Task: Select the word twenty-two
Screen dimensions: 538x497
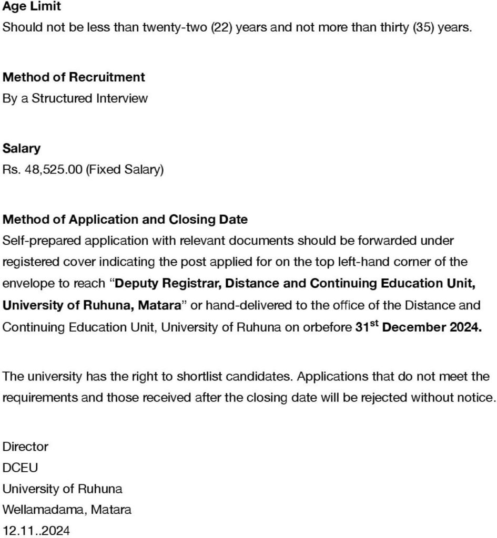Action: (x=180, y=27)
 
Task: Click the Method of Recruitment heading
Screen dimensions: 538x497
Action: (x=74, y=77)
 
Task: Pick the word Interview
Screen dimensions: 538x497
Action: (x=122, y=98)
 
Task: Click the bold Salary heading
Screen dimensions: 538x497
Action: (x=22, y=149)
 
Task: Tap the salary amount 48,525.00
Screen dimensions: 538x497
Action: (x=53, y=170)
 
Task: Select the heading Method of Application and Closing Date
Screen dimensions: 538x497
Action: (x=125, y=219)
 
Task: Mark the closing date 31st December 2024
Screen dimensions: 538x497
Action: (x=418, y=327)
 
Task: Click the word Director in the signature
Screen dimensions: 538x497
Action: (x=25, y=447)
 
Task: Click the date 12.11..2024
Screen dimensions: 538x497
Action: (x=36, y=531)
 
